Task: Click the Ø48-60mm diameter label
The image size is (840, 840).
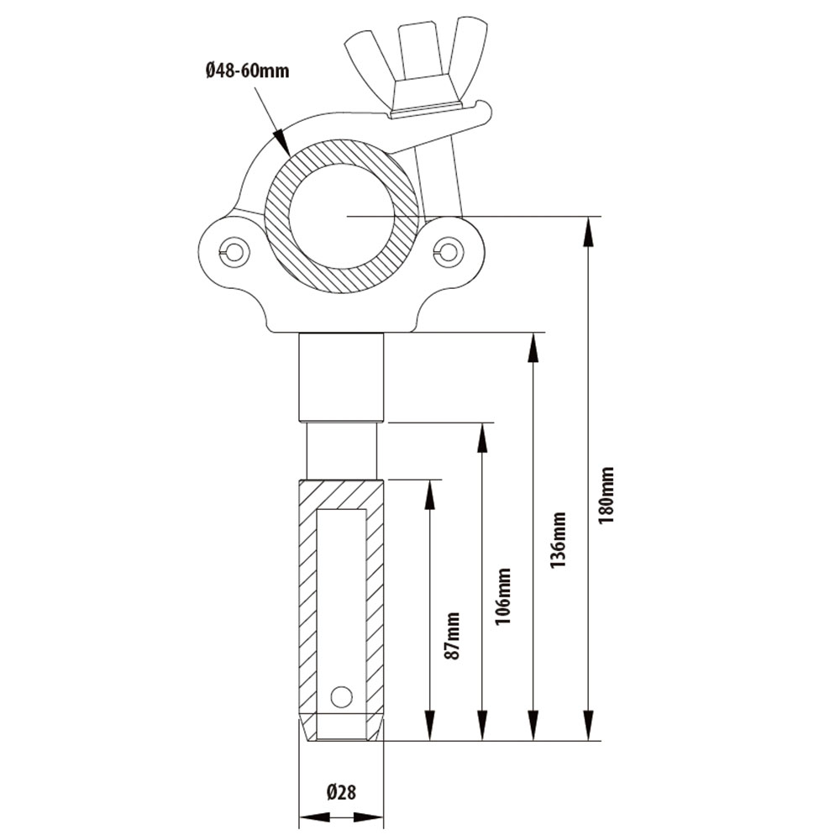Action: click(246, 71)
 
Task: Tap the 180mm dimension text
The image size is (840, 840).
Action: click(606, 495)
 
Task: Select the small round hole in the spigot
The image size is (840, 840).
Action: click(341, 696)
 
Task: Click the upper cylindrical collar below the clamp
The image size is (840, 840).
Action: click(342, 376)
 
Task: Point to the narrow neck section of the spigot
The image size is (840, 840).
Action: click(341, 450)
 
